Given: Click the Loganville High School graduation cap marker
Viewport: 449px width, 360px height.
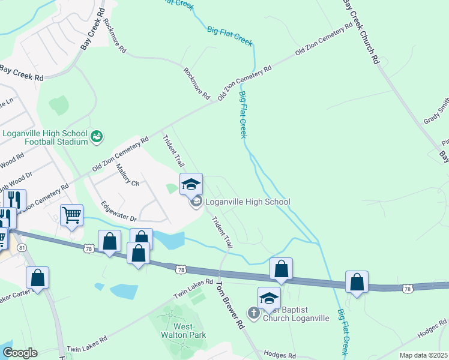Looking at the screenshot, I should click(x=191, y=184).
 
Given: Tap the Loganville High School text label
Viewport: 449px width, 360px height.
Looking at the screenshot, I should click(x=248, y=202).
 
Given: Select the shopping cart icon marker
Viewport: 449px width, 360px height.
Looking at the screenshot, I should click(x=71, y=214).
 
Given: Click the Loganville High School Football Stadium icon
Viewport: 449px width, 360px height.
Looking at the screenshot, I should click(x=96, y=138).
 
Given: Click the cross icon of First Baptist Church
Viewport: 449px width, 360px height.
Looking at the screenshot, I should click(x=254, y=313).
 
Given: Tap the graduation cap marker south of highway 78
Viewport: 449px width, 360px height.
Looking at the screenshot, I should click(x=269, y=298).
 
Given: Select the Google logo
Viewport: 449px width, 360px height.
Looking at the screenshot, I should click(x=20, y=353).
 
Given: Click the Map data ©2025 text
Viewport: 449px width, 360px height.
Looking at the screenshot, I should click(x=423, y=355).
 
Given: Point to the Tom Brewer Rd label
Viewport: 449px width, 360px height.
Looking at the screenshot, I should click(x=231, y=305).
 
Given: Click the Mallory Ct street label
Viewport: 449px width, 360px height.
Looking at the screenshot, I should click(x=127, y=175).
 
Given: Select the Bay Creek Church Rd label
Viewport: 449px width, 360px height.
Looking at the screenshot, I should click(x=361, y=31).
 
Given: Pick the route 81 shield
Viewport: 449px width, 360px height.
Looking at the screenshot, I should click(x=22, y=247).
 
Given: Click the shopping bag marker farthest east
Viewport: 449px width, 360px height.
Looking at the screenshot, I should click(x=357, y=282).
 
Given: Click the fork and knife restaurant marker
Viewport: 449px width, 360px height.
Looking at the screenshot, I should click(x=14, y=199).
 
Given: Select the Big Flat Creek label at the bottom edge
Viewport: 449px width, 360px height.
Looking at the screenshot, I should click(x=343, y=332).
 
